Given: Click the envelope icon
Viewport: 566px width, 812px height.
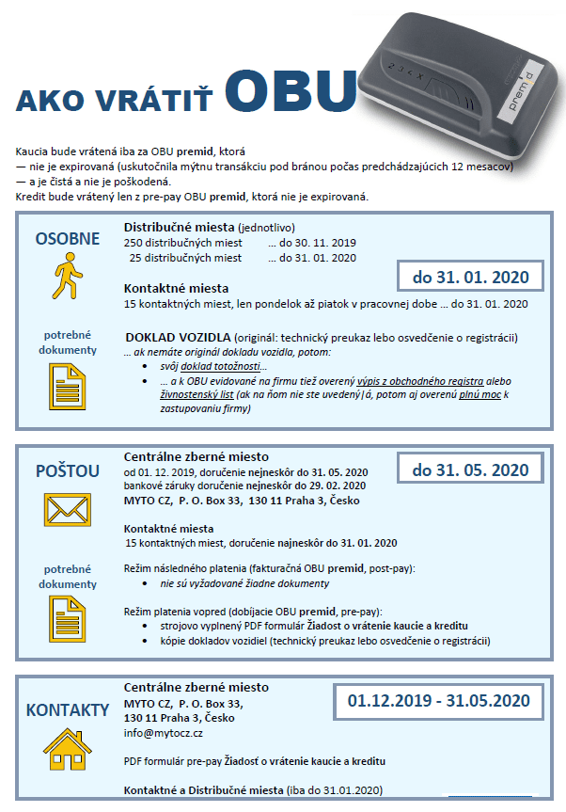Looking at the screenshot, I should (x=66, y=510).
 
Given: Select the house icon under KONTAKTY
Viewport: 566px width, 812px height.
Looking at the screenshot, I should (x=66, y=749).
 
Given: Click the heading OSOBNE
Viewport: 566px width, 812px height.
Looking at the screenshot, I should (x=67, y=239).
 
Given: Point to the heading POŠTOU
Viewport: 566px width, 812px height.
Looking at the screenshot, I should (x=67, y=470).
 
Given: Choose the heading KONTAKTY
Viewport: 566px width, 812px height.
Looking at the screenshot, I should (x=67, y=709).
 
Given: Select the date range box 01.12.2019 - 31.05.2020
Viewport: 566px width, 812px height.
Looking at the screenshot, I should (x=438, y=701).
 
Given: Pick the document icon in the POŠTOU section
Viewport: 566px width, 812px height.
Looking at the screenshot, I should (x=66, y=616).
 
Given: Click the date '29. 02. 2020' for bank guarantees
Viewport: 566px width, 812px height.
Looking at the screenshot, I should (x=334, y=486).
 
